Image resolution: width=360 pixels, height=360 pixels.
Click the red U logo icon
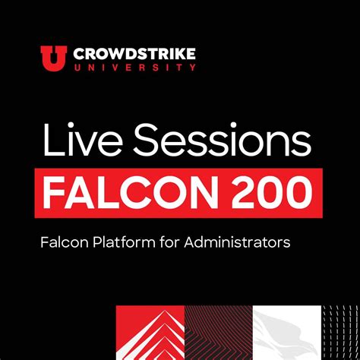[53, 57]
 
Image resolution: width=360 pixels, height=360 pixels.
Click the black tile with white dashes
[340, 333]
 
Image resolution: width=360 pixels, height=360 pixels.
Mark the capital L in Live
[50, 142]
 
